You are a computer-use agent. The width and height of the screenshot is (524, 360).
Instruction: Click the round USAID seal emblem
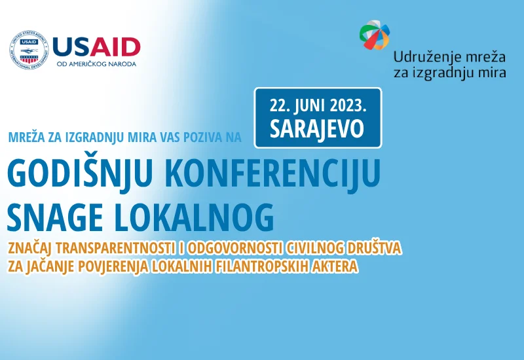click(29, 50)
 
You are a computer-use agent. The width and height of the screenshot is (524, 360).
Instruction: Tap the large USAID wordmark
click(96, 47)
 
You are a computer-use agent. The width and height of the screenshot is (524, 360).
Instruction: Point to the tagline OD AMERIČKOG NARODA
click(96, 64)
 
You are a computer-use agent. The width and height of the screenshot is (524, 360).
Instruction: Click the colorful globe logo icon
click(375, 35)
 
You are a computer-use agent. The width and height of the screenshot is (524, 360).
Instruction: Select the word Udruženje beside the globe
click(422, 58)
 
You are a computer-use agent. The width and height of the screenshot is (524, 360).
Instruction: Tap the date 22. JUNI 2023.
click(318, 106)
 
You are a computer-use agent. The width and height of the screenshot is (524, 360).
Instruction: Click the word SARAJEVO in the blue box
click(317, 128)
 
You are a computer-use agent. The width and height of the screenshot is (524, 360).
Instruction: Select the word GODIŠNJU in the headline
click(80, 174)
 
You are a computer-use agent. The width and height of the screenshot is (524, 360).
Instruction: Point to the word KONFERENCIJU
click(272, 174)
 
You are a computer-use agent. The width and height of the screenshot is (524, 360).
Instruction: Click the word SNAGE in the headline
click(55, 217)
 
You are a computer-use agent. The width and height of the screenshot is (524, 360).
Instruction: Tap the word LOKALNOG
click(194, 217)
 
